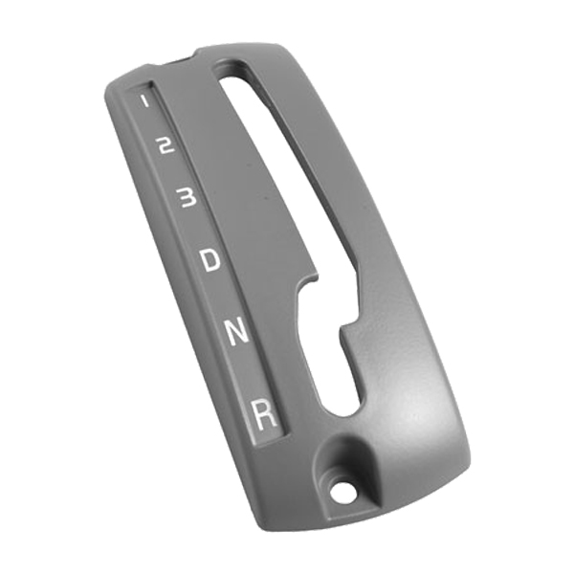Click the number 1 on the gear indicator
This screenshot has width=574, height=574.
pyautogui.click(x=144, y=99)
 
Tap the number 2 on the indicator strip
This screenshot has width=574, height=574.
pyautogui.click(x=165, y=145)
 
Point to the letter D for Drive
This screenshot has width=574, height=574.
pyautogui.click(x=210, y=258)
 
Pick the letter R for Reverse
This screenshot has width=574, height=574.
pyautogui.click(x=264, y=413)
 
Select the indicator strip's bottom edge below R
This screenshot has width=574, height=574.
pyautogui.click(x=270, y=440)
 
